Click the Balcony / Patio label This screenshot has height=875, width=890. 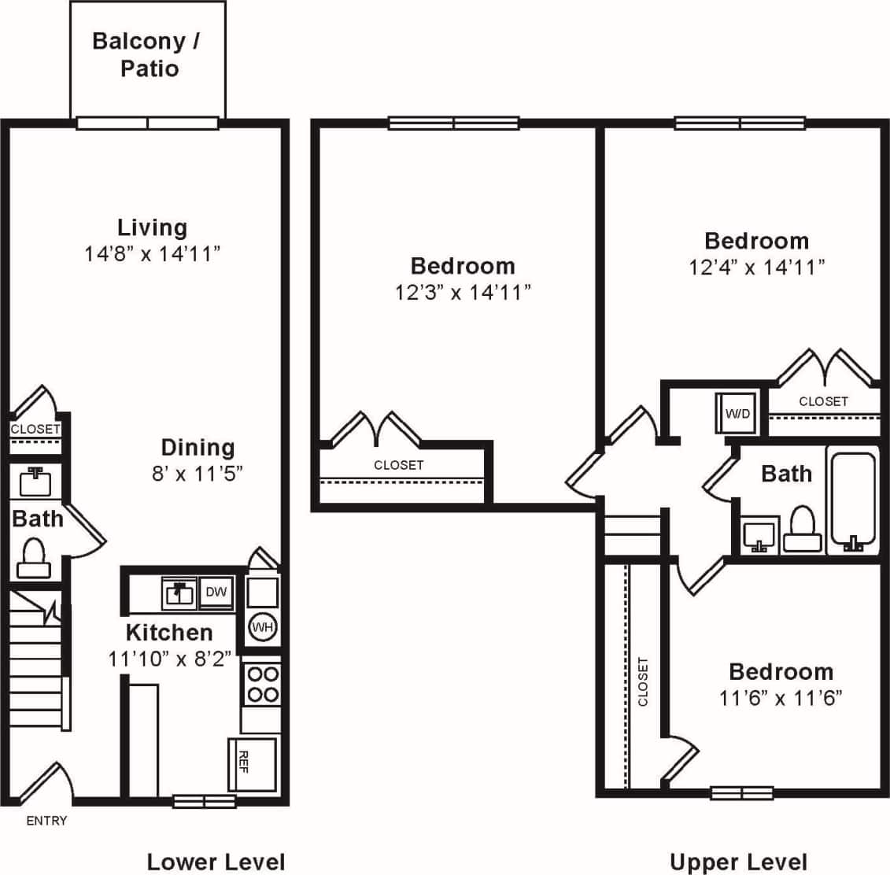(147, 54)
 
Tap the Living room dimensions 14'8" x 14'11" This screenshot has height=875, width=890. (152, 254)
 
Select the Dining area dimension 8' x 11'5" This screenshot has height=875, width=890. (198, 474)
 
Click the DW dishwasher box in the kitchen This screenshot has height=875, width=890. (216, 593)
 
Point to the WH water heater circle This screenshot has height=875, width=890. (261, 627)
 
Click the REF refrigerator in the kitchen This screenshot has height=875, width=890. (252, 763)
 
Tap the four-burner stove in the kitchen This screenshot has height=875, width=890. (261, 684)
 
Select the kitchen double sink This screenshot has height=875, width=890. (180, 593)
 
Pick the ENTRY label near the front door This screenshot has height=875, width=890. (46, 821)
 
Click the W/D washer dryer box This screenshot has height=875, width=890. (737, 413)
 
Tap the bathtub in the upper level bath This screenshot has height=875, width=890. (852, 500)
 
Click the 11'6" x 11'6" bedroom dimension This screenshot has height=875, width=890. (781, 698)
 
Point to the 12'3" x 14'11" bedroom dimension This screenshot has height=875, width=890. (463, 293)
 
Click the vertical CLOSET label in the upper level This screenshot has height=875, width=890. (643, 681)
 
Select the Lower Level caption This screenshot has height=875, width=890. (216, 862)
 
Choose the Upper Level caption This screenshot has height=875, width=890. (738, 862)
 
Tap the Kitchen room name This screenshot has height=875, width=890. (169, 633)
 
